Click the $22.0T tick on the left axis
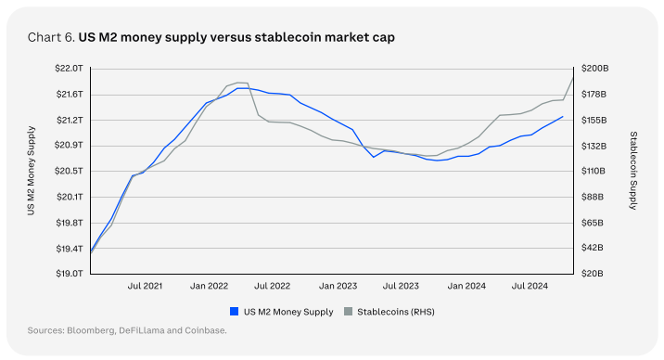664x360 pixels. pos(71,69)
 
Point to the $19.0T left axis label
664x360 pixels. pos(71,274)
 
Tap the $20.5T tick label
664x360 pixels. pos(71,171)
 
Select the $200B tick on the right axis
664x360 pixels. pos(594,69)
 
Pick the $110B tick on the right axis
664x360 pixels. pos(594,171)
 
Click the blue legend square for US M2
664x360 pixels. pos(234,312)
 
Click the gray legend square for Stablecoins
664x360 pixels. pos(349,312)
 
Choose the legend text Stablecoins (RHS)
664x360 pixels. pos(396,312)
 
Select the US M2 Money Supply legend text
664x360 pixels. pos(287,312)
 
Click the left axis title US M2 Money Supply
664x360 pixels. pos(32,172)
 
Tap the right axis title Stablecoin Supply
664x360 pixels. pos(633,172)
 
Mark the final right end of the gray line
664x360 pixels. pos(573,77)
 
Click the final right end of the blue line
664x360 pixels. pos(563,117)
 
